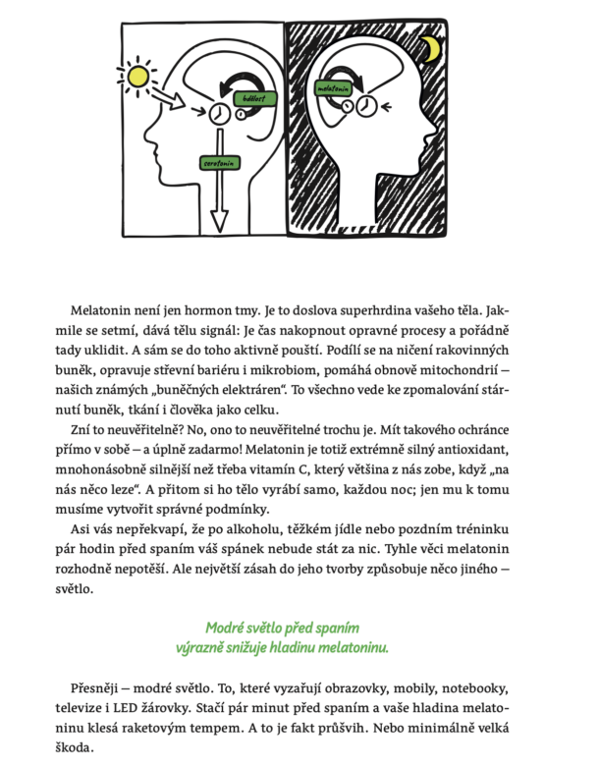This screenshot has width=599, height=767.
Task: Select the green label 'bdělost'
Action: tap(256, 99)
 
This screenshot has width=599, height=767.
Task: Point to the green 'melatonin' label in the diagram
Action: tap(335, 87)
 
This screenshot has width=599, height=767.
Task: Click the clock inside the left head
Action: tap(219, 115)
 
